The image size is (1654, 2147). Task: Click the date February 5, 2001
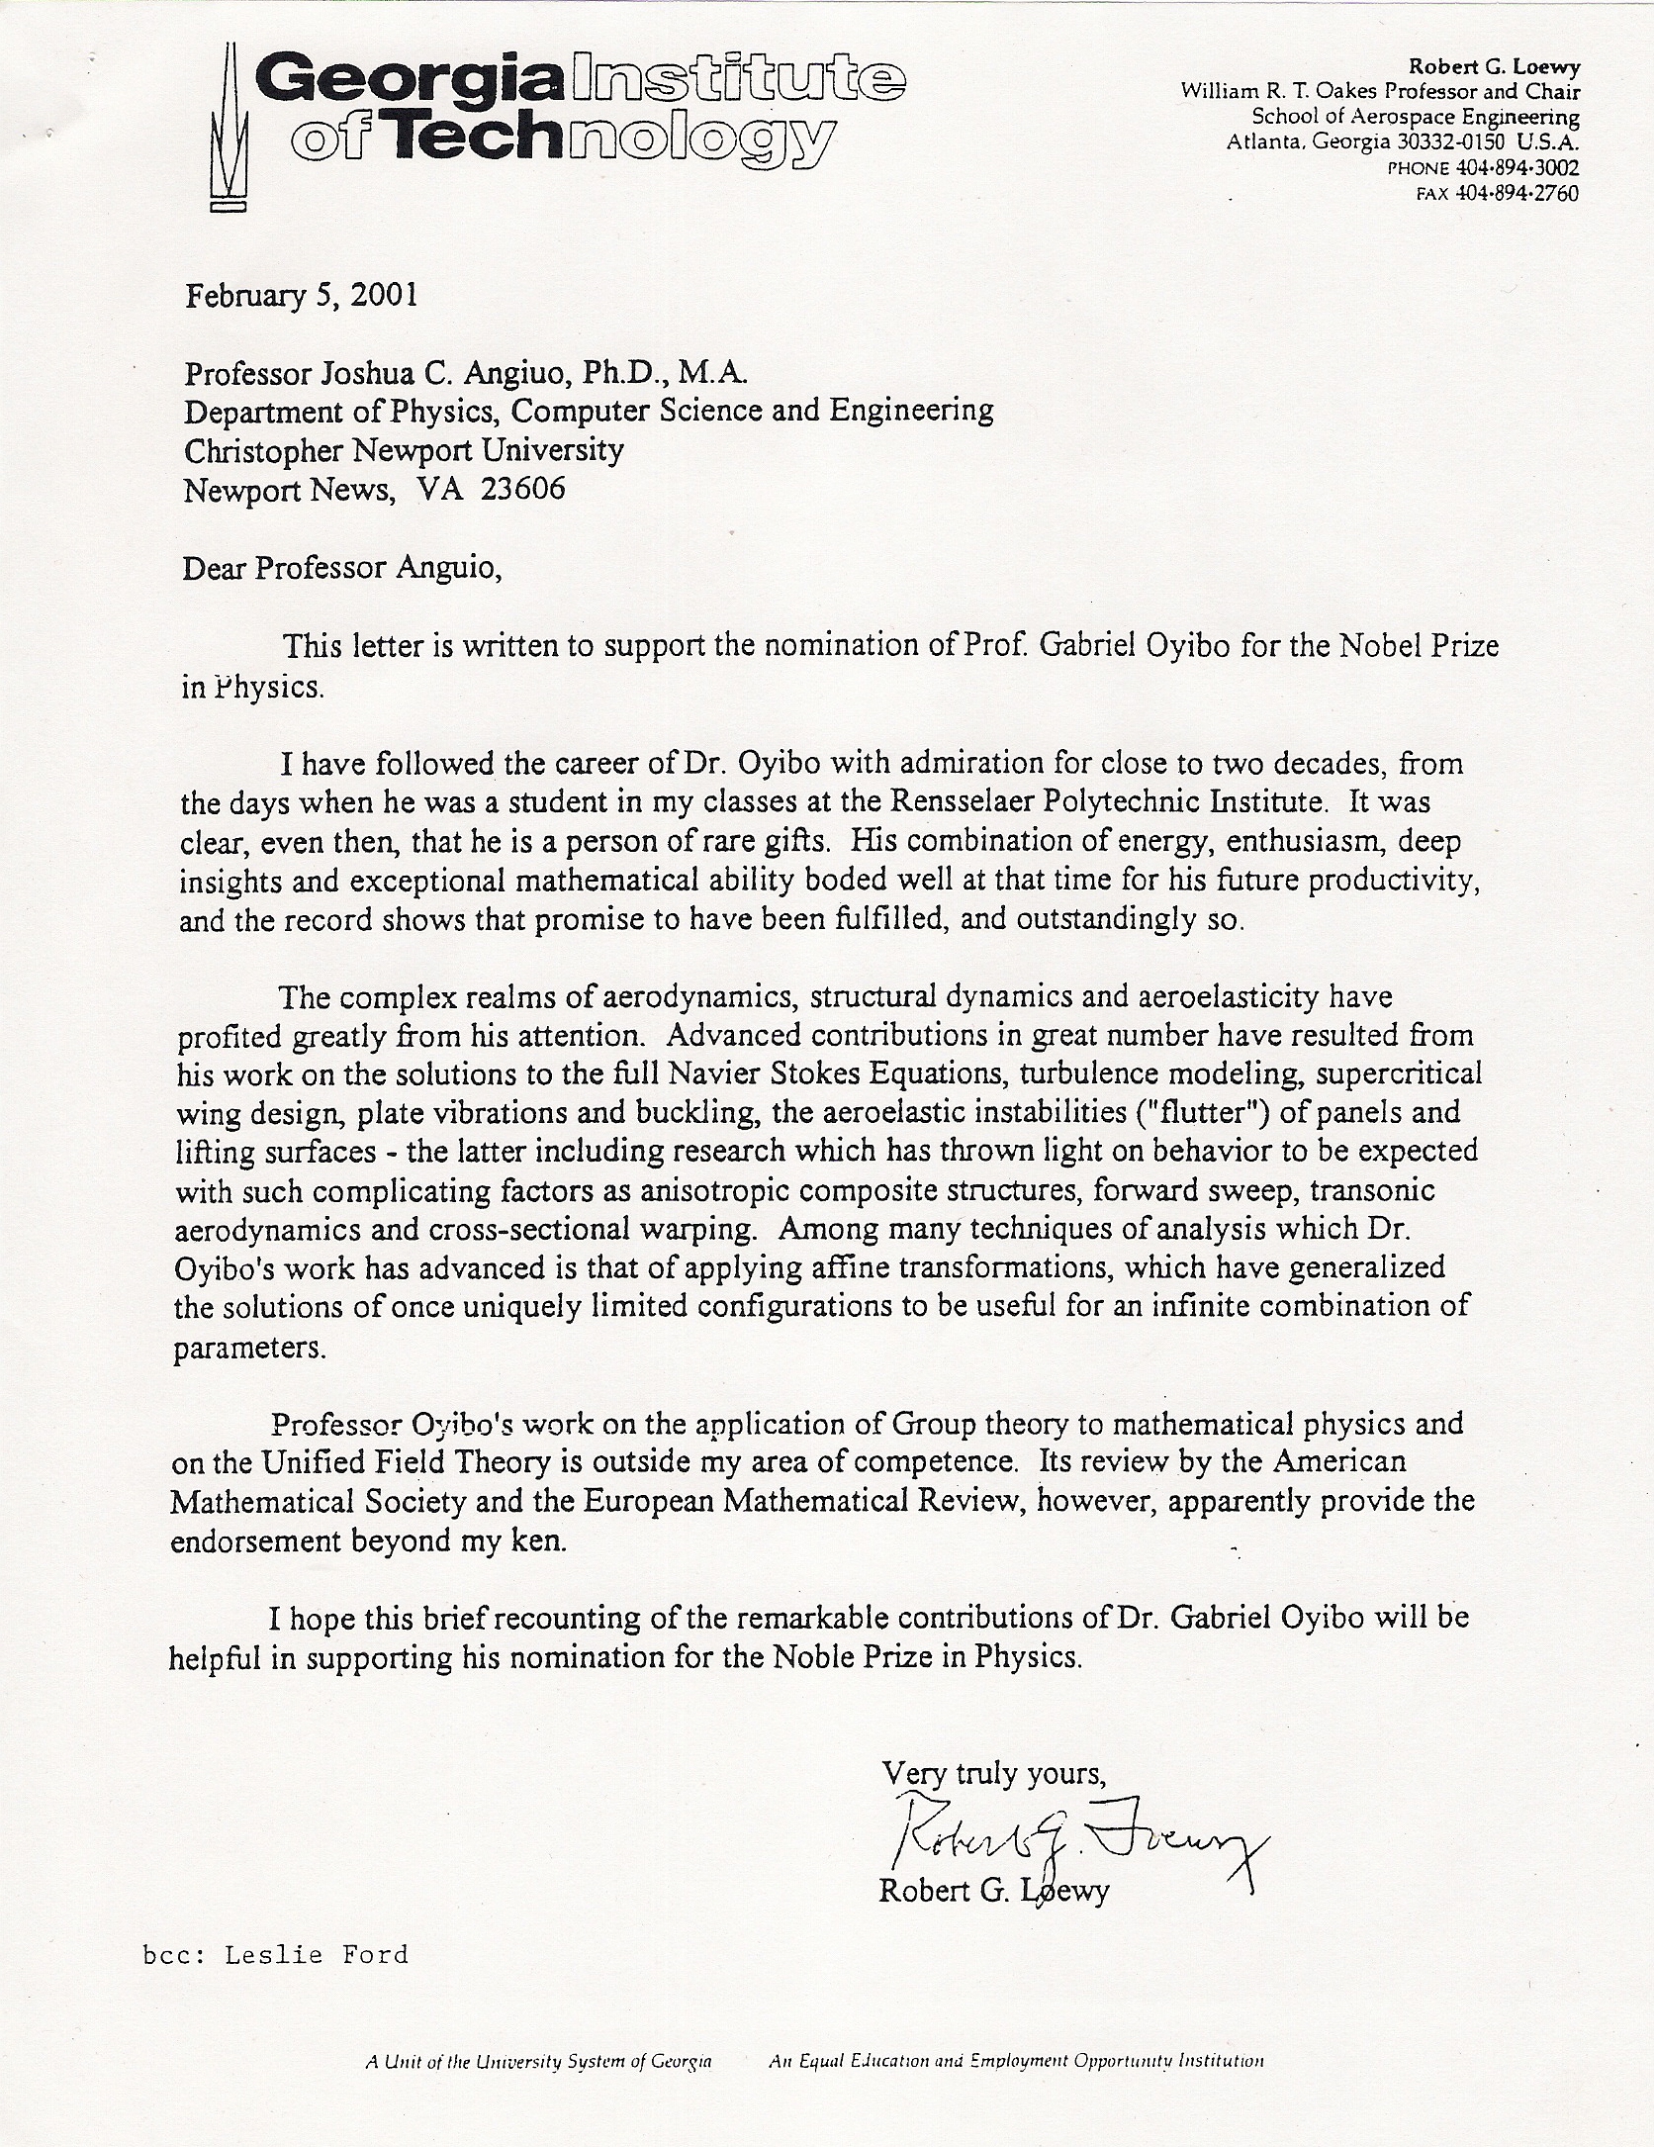(x=301, y=296)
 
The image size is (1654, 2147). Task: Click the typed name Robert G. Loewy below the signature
(x=993, y=1891)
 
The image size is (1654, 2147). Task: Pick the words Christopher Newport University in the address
(x=404, y=450)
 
